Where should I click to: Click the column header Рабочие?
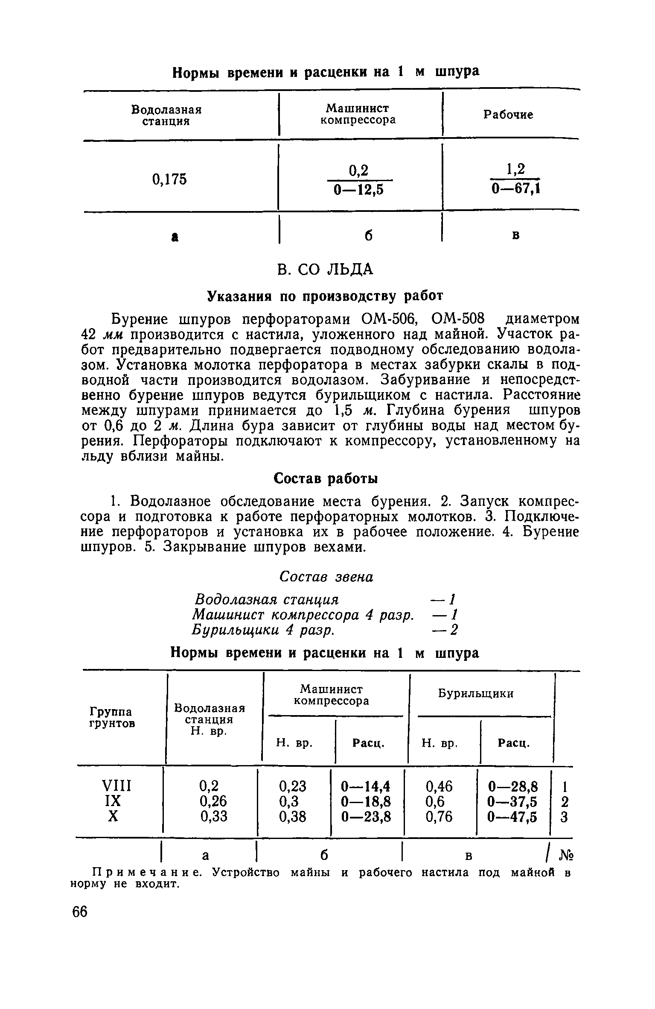[508, 115]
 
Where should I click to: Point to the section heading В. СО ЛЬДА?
[325, 270]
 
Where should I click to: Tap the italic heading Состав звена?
[326, 577]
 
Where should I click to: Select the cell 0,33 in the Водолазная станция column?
[214, 817]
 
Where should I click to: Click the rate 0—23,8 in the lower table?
[367, 817]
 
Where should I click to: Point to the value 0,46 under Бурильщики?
[439, 786]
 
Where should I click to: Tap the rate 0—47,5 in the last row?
[512, 817]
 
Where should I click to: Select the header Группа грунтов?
[111, 718]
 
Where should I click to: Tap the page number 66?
[80, 912]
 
